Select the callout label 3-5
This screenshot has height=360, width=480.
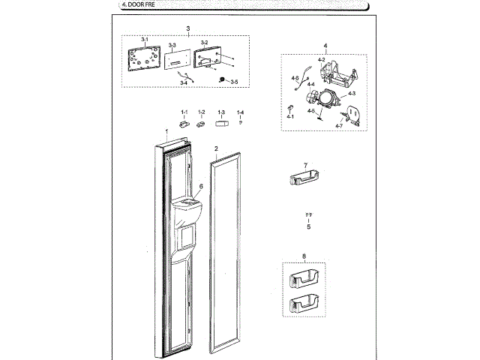[234, 81]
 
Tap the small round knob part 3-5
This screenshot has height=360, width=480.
[221, 79]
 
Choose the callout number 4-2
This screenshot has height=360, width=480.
[321, 58]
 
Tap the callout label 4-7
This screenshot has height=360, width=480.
[339, 125]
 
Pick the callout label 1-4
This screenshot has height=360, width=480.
[240, 112]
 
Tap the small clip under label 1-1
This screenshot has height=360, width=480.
[184, 123]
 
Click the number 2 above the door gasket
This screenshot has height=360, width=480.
[216, 148]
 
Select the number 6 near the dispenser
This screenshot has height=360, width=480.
[201, 186]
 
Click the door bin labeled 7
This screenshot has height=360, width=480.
[304, 180]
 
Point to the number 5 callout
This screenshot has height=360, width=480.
[309, 225]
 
